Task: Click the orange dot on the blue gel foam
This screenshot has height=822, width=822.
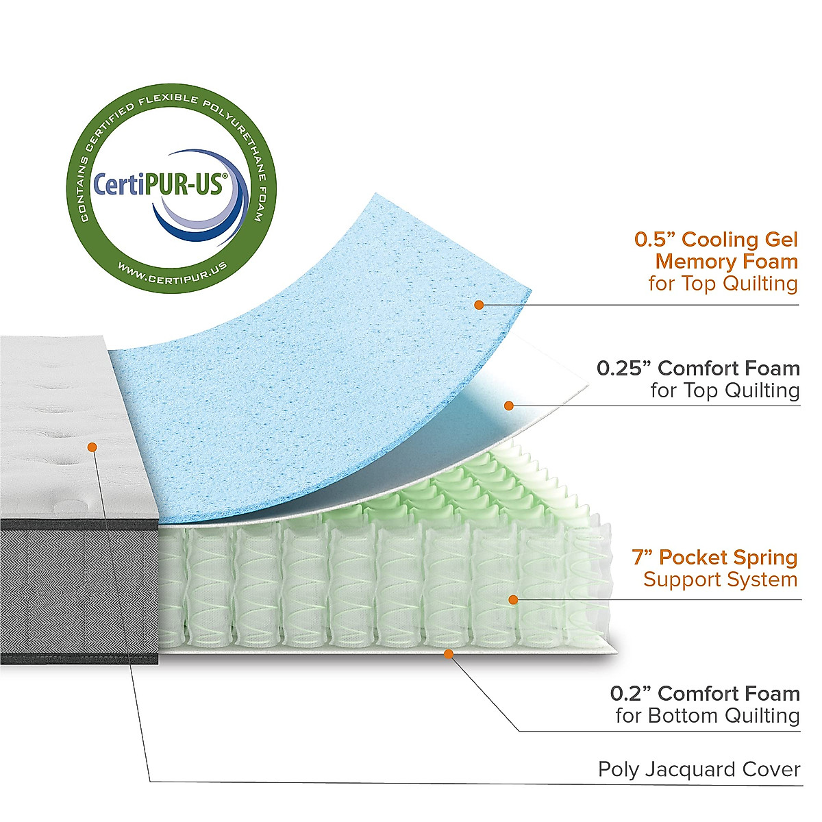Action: coord(479,305)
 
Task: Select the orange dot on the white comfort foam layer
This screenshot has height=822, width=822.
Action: coord(508,406)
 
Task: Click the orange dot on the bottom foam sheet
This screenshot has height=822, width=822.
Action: coord(448,653)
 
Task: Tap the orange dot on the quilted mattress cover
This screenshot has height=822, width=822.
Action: coord(92,447)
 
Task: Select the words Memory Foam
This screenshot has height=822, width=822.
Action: coord(726,261)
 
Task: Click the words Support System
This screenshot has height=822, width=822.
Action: coord(721,580)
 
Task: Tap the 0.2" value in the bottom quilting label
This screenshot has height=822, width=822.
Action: coord(631,693)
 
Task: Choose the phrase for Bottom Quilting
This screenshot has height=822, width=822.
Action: coord(707,716)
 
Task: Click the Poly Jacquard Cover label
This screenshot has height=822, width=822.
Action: coord(699,769)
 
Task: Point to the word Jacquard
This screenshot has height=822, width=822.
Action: coord(693,770)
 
